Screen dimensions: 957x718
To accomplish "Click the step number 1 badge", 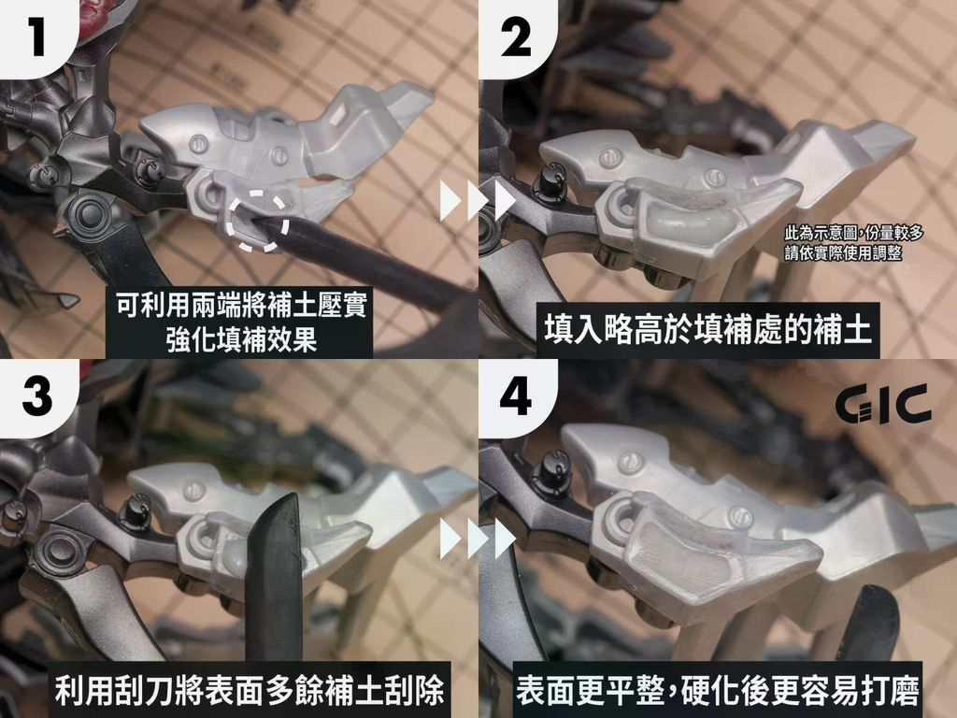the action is click(x=36, y=37).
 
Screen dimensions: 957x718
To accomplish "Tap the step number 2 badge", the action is click(x=516, y=37).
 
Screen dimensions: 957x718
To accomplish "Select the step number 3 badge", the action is click(x=37, y=396).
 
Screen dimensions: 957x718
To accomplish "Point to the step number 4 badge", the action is click(x=516, y=396).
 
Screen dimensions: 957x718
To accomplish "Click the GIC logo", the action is click(x=883, y=404).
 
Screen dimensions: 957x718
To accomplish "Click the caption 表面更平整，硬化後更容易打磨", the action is click(x=718, y=690).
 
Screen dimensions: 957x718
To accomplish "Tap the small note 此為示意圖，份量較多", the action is click(x=854, y=233).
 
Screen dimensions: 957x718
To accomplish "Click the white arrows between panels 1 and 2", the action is click(x=478, y=200).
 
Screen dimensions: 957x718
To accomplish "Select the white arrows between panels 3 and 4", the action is click(x=478, y=539).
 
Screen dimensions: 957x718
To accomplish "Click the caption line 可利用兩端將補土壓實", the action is click(x=241, y=306).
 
